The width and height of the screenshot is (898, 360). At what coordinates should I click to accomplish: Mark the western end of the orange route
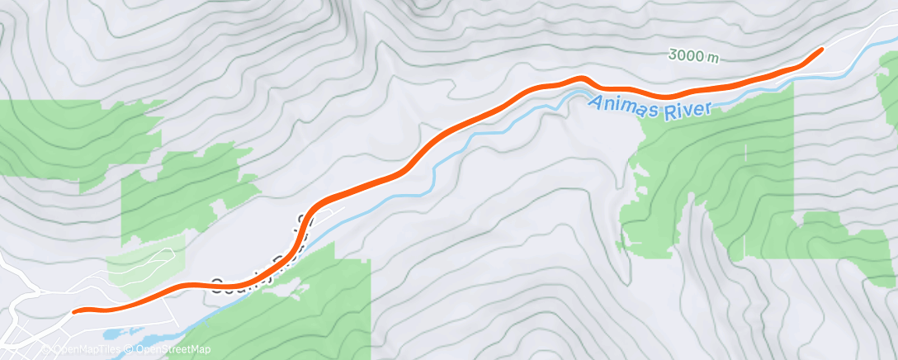pyautogui.click(x=75, y=311)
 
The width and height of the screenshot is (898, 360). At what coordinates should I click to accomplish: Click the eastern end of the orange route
pyautogui.click(x=821, y=50)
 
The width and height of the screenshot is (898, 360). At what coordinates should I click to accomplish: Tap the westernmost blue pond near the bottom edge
pyautogui.click(x=111, y=334)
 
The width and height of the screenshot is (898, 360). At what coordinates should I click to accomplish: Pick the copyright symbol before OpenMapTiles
pyautogui.click(x=46, y=350)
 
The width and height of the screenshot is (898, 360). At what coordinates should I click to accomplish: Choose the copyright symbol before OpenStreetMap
pyautogui.click(x=130, y=350)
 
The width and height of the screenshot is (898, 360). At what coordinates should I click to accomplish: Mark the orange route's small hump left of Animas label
pyautogui.click(x=581, y=78)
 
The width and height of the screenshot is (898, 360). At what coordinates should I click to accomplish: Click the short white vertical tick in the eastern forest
pyautogui.click(x=745, y=152)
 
